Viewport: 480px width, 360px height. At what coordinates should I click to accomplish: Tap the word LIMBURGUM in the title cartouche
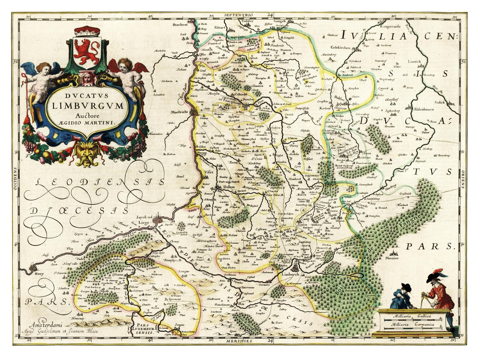tap(87, 106)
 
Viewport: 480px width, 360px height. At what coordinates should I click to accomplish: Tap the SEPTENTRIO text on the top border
tap(239, 15)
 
